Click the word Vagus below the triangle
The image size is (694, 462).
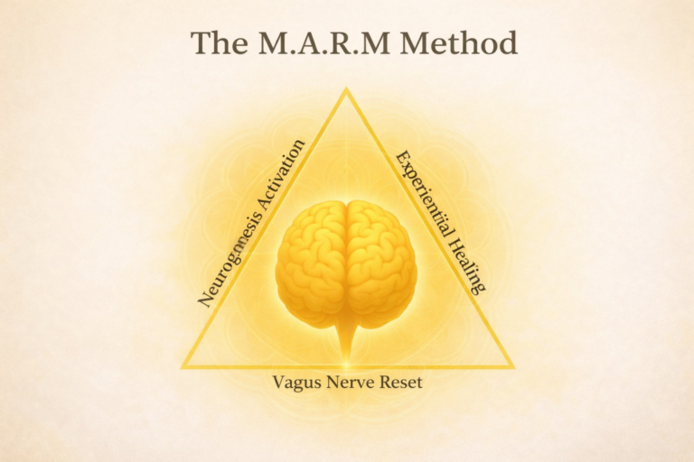click(293, 383)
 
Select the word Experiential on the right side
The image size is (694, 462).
click(420, 187)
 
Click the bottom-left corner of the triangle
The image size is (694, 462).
click(183, 367)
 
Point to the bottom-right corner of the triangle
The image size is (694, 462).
click(512, 367)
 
